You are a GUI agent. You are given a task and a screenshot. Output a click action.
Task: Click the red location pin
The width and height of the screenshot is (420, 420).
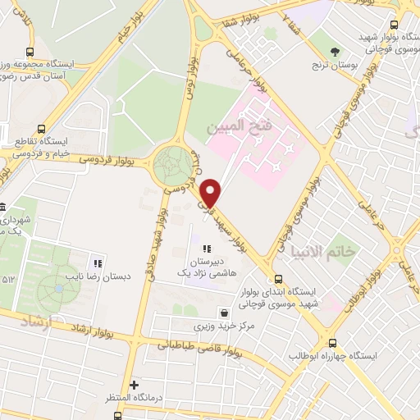pyautogui.click(x=212, y=193)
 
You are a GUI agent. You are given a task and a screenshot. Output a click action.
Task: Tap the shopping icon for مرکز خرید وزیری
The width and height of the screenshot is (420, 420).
pyautogui.click(x=224, y=313)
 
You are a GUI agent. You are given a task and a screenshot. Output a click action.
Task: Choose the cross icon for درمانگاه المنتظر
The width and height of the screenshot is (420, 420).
pyautogui.click(x=135, y=384)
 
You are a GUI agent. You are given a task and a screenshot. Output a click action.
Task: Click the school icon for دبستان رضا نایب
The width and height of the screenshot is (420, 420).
pyautogui.click(x=97, y=263)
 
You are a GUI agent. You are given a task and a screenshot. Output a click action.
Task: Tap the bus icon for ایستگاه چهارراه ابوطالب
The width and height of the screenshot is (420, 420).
pyautogui.click(x=332, y=343)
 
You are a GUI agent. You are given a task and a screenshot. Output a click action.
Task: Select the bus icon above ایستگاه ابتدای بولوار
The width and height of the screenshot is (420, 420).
pyautogui.click(x=281, y=278)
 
